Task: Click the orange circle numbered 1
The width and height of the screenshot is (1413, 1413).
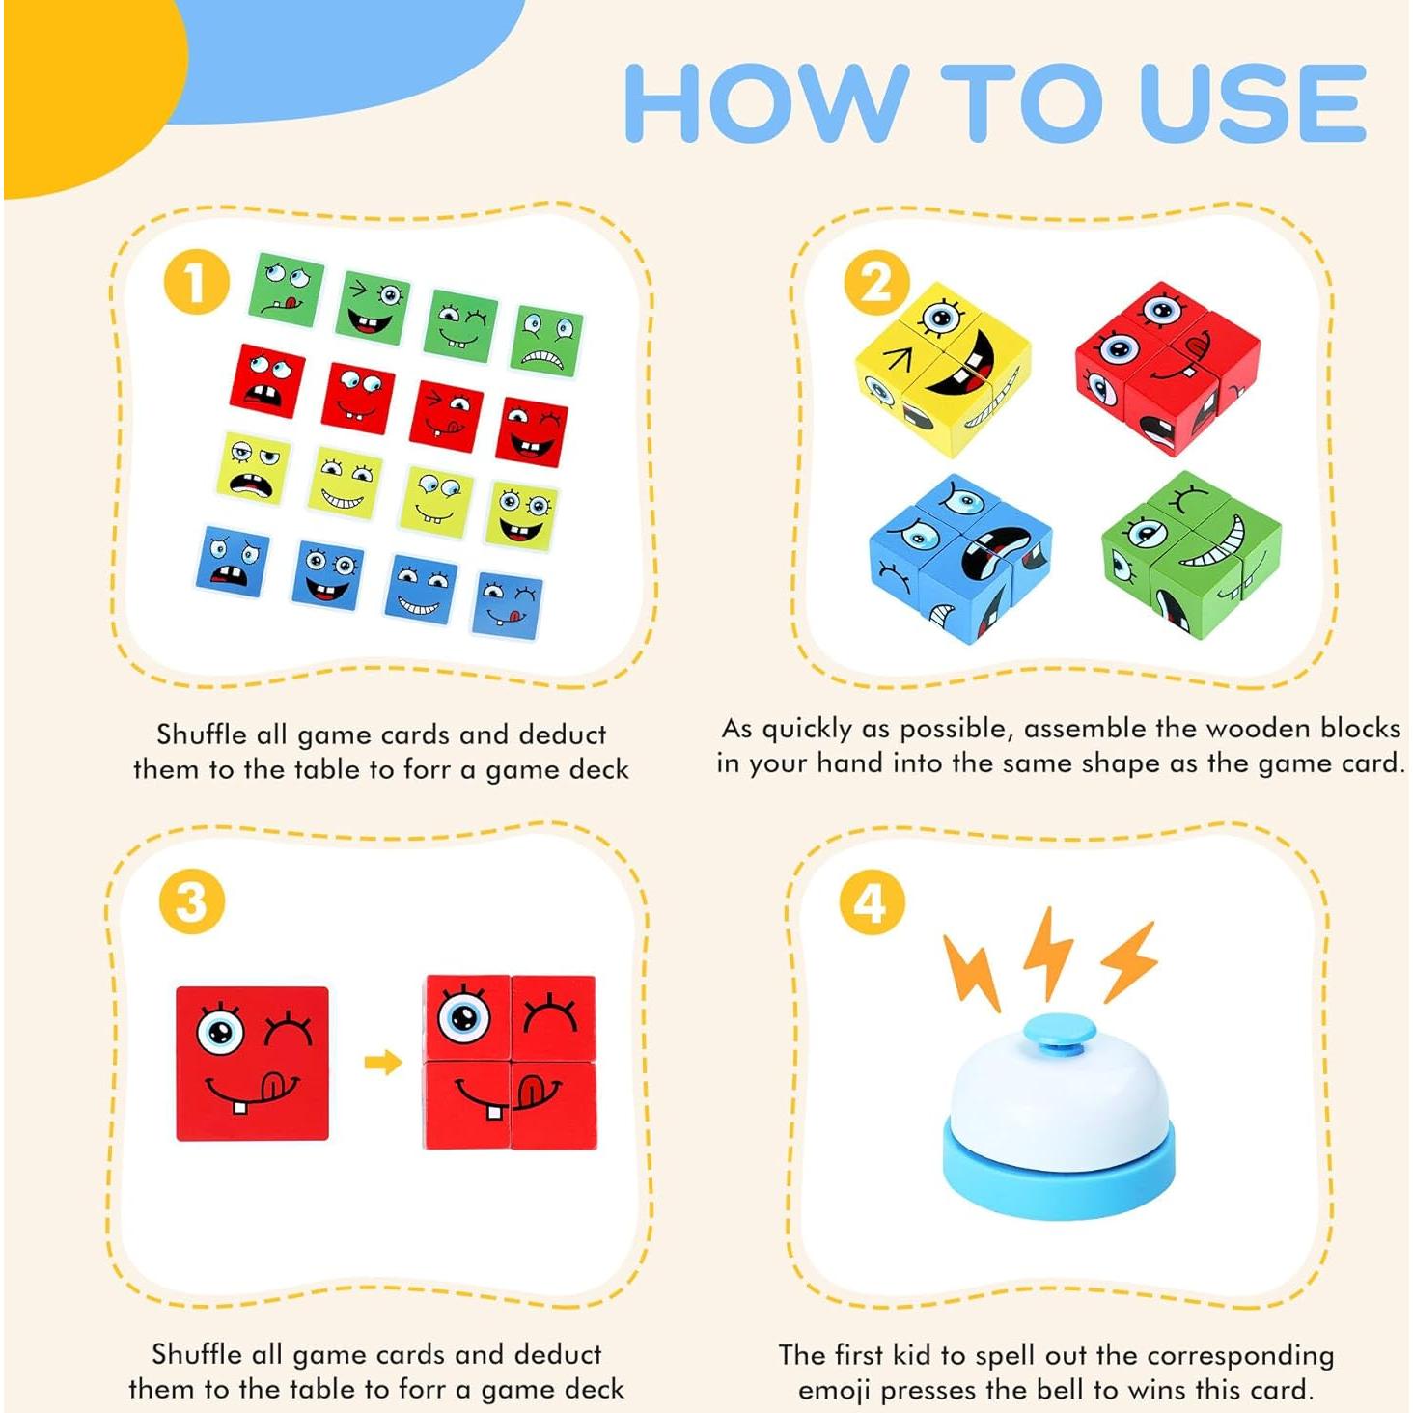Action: point(196,284)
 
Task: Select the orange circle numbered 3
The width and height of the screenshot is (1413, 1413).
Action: point(191,902)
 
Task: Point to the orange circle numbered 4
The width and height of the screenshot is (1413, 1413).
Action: point(871,902)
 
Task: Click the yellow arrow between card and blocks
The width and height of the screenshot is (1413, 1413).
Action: point(382,1063)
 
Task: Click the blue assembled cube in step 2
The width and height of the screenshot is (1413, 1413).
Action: point(959,557)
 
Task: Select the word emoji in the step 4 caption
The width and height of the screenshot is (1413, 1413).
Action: point(834,1391)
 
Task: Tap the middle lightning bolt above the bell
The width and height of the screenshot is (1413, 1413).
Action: point(1047,951)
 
